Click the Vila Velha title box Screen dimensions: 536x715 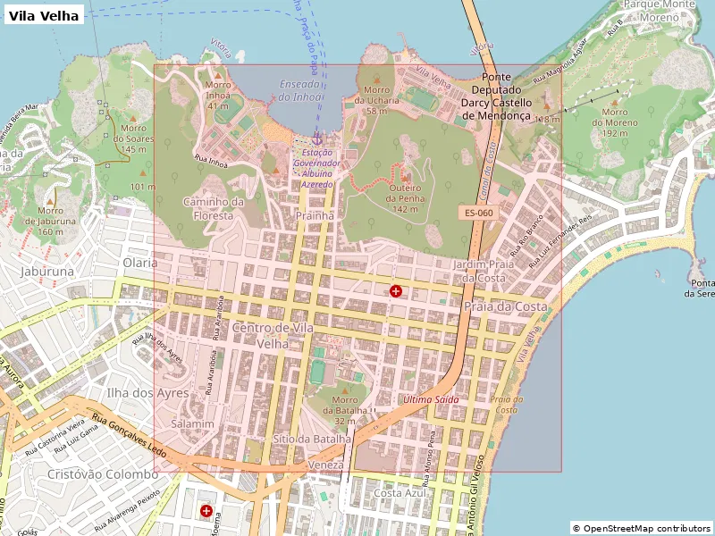point(44,15)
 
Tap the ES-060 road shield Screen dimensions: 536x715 point(478,213)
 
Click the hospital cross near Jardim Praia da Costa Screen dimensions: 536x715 point(396,291)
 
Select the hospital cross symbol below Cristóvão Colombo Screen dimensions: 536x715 point(206,511)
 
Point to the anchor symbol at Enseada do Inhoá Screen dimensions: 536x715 point(317,138)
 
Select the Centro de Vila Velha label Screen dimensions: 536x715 point(273,335)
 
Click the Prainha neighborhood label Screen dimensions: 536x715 point(315,215)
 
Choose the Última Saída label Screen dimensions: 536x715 point(431,399)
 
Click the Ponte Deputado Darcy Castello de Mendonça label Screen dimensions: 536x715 point(496,96)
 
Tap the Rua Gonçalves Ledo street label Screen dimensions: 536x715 point(129,437)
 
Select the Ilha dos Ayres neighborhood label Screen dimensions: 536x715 point(147,392)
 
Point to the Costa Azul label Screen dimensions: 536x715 point(400,493)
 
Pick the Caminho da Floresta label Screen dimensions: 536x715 point(213,208)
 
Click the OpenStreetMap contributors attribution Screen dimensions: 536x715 point(641,528)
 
